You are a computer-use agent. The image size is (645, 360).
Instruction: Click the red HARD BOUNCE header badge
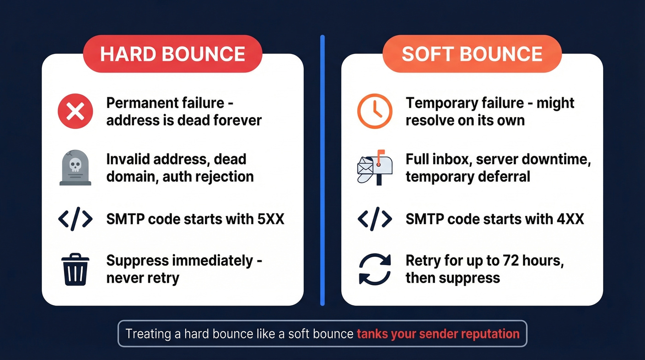tap(172, 53)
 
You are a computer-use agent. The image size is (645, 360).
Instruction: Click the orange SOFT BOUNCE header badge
tap(472, 53)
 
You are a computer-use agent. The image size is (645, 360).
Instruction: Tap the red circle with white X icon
tap(75, 111)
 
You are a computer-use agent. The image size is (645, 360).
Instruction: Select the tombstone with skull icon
tap(75, 169)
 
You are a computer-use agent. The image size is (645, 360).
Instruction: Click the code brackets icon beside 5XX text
tap(75, 218)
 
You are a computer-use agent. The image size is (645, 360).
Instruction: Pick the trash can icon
tap(75, 270)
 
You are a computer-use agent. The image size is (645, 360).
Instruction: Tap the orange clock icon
tap(375, 111)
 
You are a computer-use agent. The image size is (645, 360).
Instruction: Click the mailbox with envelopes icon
tap(375, 169)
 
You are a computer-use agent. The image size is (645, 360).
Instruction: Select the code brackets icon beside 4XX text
tap(375, 218)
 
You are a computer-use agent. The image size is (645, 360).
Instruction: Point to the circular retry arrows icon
tap(375, 270)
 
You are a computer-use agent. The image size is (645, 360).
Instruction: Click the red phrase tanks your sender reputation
tap(438, 333)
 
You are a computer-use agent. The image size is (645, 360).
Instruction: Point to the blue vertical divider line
tap(322, 171)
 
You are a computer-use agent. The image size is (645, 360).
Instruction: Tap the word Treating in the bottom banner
tap(148, 333)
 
